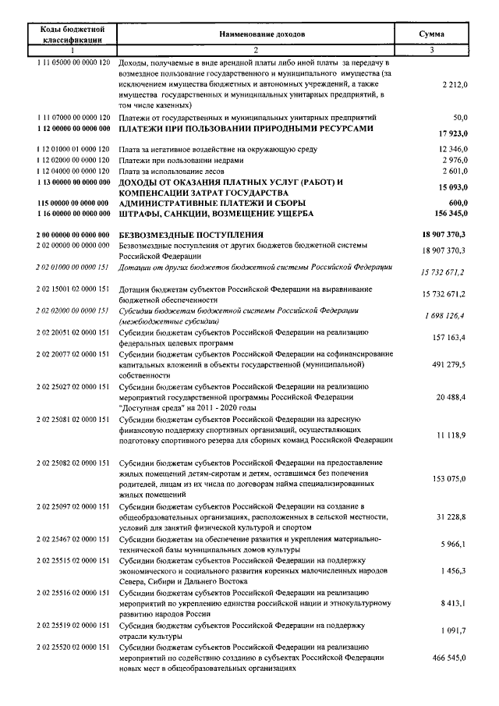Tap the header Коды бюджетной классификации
pyautogui.click(x=72, y=35)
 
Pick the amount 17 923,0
pyautogui.click(x=450, y=133)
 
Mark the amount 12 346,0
pyautogui.click(x=451, y=148)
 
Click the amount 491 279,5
pyautogui.click(x=448, y=364)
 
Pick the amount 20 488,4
pyautogui.click(x=450, y=397)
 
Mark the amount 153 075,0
pyautogui.click(x=448, y=478)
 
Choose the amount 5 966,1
pyautogui.click(x=452, y=544)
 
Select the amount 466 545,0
pyautogui.click(x=448, y=658)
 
